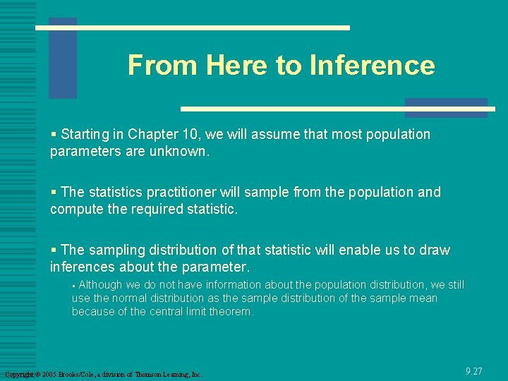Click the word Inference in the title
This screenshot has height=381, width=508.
pyautogui.click(x=371, y=66)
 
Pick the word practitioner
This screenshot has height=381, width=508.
pyautogui.click(x=183, y=192)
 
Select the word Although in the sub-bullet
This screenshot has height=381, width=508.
pyautogui.click(x=100, y=285)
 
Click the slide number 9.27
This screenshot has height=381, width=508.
pyautogui.click(x=474, y=370)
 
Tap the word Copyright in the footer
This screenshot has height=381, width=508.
pyautogui.click(x=19, y=374)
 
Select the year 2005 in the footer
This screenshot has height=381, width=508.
pyautogui.click(x=49, y=374)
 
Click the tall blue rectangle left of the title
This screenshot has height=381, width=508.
pyautogui.click(x=62, y=59)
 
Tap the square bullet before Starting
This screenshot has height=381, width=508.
pyautogui.click(x=54, y=134)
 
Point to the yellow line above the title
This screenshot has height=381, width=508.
pyautogui.click(x=193, y=28)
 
